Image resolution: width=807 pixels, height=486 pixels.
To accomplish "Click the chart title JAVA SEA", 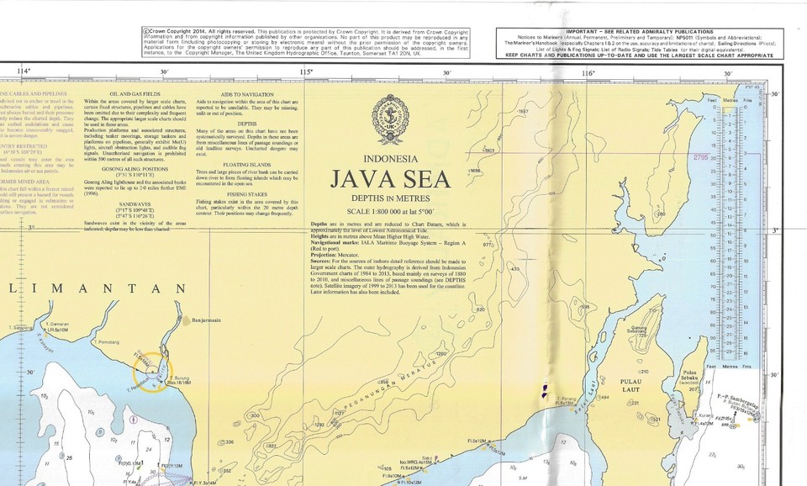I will click(x=389, y=180).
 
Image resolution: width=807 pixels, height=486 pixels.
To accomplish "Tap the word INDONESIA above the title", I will click(x=389, y=159).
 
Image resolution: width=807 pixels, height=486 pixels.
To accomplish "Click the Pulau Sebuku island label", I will click(x=692, y=378).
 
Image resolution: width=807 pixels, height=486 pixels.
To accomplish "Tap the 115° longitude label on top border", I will click(x=305, y=73).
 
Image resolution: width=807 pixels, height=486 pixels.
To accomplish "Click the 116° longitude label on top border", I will click(x=588, y=73).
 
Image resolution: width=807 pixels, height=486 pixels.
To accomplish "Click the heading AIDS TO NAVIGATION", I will click(x=242, y=94).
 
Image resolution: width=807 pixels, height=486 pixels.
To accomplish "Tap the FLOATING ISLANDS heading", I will click(x=242, y=165).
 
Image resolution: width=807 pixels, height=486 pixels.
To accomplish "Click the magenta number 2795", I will click(x=700, y=157).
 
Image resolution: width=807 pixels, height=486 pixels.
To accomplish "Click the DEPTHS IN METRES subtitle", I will click(x=389, y=198).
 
